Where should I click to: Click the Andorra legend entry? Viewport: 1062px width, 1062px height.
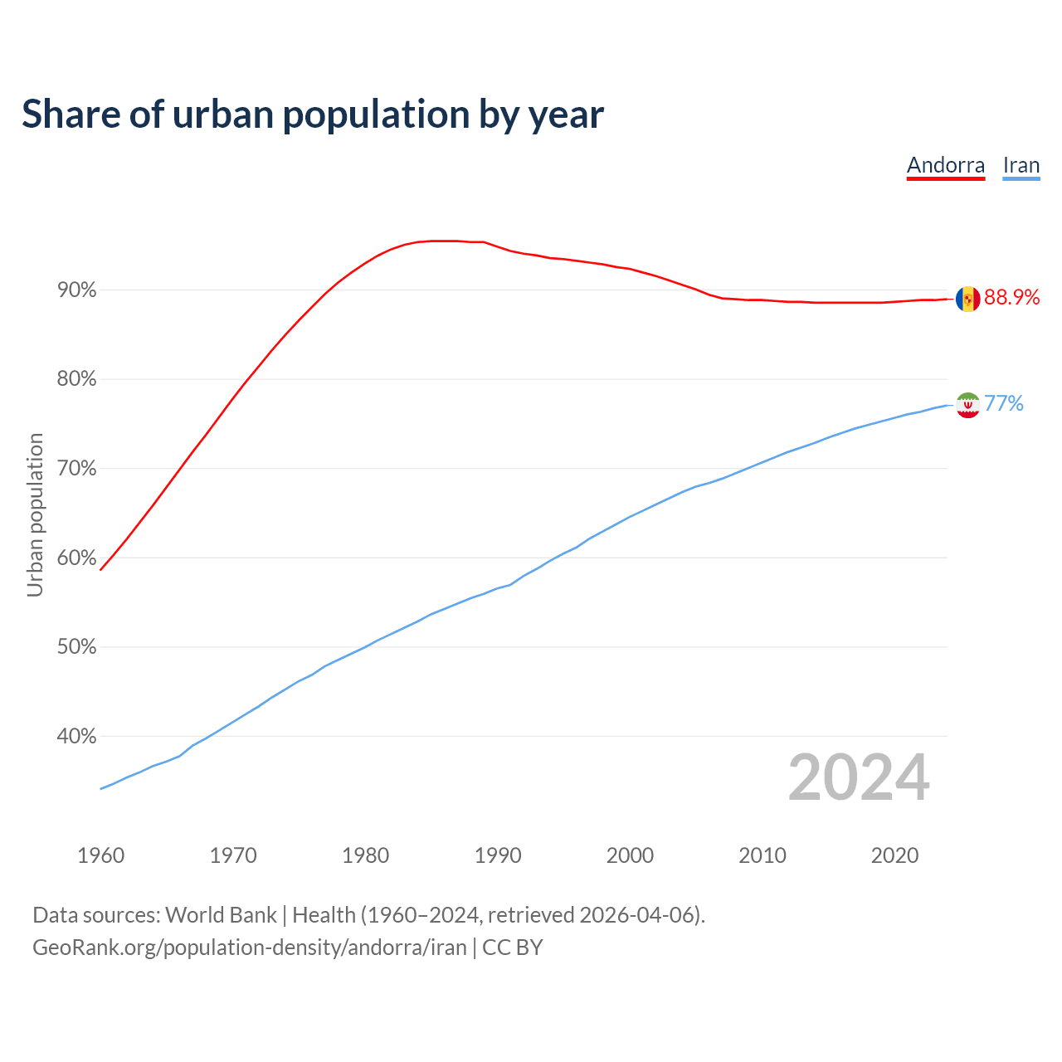tap(945, 165)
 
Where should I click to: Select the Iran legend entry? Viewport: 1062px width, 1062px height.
tap(1021, 165)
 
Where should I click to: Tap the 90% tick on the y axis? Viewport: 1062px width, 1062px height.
tap(77, 290)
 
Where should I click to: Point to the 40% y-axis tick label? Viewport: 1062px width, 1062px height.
tap(77, 737)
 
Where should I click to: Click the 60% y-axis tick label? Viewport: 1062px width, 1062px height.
tap(77, 558)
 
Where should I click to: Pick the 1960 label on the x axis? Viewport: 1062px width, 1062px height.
tap(100, 855)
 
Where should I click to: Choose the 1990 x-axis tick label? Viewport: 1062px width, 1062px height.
tap(498, 855)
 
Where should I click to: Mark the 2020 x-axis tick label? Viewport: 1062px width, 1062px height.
tap(894, 855)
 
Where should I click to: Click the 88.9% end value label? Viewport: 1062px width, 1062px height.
tap(1011, 298)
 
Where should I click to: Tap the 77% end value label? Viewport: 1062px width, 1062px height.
tap(1004, 404)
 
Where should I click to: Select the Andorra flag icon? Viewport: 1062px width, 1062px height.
tap(967, 299)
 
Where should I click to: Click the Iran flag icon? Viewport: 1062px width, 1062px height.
tap(967, 405)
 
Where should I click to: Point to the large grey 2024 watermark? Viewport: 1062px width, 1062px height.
tap(859, 777)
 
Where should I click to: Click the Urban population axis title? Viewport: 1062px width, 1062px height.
tap(35, 514)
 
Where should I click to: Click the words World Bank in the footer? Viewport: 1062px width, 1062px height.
tap(221, 915)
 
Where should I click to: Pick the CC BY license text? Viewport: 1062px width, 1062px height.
tap(513, 948)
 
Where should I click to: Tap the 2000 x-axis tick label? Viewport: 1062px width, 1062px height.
tap(630, 855)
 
